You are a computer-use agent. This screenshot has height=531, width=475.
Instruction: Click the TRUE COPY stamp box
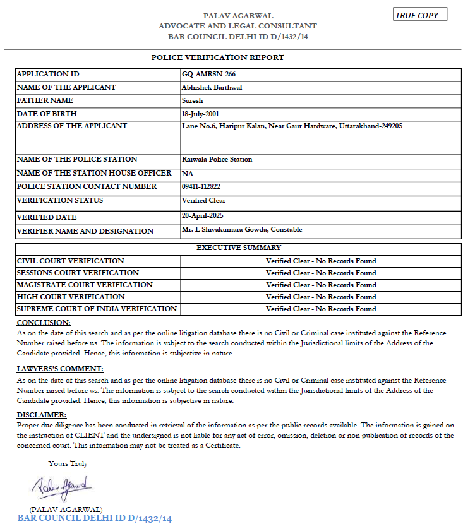tap(420, 15)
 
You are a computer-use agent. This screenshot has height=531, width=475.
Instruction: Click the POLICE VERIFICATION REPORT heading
tap(218, 57)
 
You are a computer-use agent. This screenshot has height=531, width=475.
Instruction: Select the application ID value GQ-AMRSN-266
tap(208, 74)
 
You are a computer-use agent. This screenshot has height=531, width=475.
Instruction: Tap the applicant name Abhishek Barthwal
tap(212, 87)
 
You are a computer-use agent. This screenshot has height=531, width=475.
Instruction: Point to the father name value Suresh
tap(191, 100)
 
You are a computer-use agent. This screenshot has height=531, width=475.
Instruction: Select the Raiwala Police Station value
tap(217, 159)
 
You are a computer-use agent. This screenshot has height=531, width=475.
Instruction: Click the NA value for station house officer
tap(188, 174)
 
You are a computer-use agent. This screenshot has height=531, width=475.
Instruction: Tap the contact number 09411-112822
tap(201, 186)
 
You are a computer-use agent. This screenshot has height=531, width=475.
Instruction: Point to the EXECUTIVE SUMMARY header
tap(239, 248)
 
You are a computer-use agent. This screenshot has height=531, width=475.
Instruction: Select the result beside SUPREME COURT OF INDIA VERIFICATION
tap(320, 309)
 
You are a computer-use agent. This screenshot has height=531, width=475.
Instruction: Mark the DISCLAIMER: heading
tap(41, 415)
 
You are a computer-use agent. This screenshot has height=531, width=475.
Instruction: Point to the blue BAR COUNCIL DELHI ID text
tap(94, 518)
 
